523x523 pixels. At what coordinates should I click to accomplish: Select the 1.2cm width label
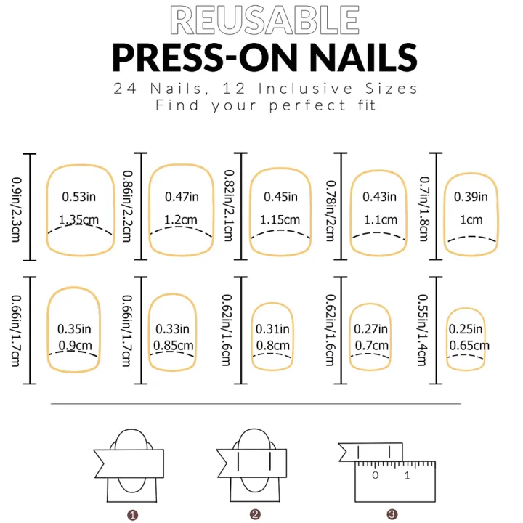[x=179, y=219]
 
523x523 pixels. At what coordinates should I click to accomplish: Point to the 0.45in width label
[x=280, y=197]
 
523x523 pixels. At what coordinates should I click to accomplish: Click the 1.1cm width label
[x=380, y=219]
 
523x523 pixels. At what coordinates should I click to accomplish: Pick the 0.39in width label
[x=471, y=197]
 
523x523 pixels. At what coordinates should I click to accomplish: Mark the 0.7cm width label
[x=370, y=345]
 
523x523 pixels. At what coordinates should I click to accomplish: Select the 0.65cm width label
[x=469, y=345]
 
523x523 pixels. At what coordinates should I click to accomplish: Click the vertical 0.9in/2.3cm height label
[x=17, y=206]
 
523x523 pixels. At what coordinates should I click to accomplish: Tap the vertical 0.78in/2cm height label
[x=331, y=206]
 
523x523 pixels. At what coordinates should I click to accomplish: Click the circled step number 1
[x=133, y=514]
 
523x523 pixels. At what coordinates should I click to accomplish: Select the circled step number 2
[x=255, y=514]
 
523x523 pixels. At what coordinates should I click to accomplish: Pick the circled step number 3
[x=392, y=514]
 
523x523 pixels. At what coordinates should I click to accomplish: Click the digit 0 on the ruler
[x=375, y=475]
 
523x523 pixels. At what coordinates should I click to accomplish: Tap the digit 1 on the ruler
[x=407, y=475]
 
